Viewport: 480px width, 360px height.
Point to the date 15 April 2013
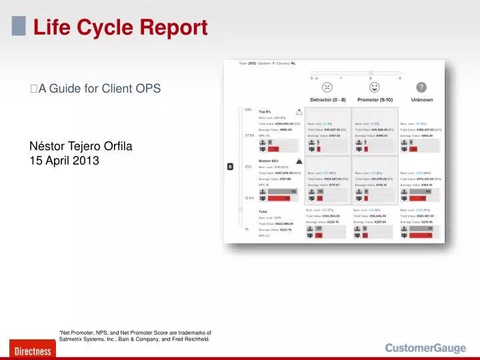(x=65, y=161)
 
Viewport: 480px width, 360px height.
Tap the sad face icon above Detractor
(x=327, y=87)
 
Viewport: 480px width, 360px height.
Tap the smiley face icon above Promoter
(x=375, y=87)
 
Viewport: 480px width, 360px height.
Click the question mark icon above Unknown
(x=421, y=87)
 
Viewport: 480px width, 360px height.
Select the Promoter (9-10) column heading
(x=375, y=100)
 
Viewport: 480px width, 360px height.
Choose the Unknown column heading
(x=421, y=100)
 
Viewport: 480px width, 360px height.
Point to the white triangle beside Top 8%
(x=299, y=112)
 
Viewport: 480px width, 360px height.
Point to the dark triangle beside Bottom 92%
(x=299, y=161)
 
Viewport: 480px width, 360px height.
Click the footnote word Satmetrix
(x=73, y=339)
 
